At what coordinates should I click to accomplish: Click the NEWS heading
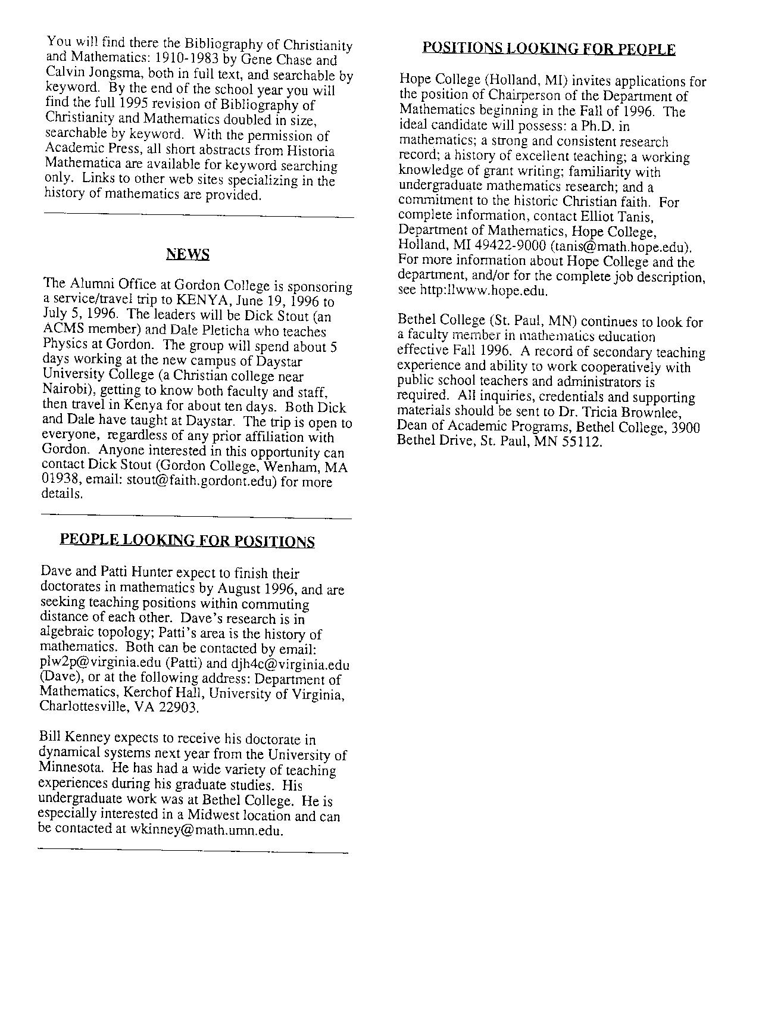point(188,255)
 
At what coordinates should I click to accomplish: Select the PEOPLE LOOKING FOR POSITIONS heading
point(187,541)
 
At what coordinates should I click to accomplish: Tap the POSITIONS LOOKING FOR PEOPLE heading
point(548,49)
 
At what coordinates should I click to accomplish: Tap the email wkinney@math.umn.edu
point(205,831)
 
